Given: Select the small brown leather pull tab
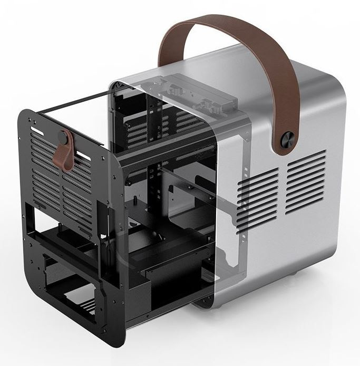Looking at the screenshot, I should [65, 153].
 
